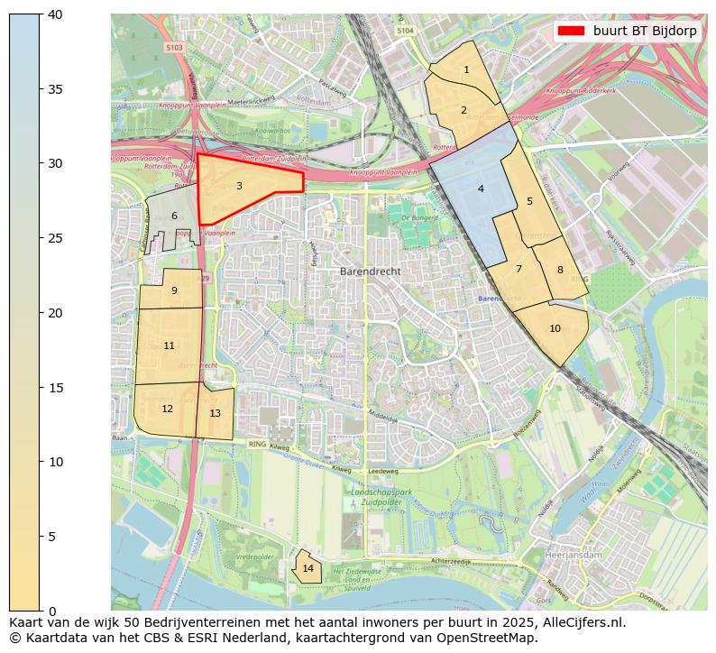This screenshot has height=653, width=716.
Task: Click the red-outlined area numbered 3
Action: tap(239, 187)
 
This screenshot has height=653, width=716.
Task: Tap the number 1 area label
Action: tap(466, 69)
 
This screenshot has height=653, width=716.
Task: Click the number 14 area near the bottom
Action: tap(308, 568)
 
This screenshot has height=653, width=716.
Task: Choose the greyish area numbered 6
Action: tap(174, 216)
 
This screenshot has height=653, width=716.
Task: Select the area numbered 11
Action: tap(169, 345)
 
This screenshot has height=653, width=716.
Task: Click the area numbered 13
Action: tap(215, 413)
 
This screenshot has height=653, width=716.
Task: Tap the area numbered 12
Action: tap(167, 409)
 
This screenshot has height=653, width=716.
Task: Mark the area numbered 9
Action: tap(174, 290)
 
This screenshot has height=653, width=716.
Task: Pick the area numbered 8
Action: tap(559, 270)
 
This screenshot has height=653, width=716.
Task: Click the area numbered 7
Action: tap(519, 269)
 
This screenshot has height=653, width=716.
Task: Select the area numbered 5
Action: tap(529, 201)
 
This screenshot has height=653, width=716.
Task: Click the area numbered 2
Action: tap(464, 110)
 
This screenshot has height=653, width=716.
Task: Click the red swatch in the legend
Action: tap(571, 31)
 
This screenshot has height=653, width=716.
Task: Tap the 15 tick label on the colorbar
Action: tap(53, 387)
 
